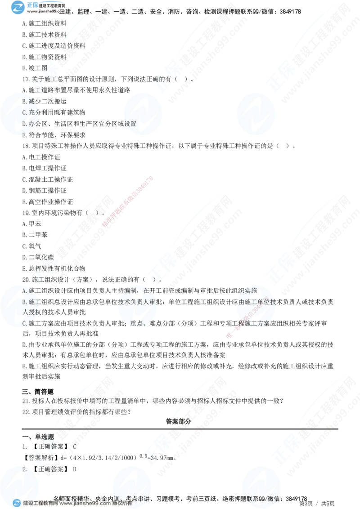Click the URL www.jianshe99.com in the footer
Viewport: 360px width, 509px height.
pyautogui.click(x=79, y=504)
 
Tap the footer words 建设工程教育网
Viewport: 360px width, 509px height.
pyautogui.click(x=40, y=504)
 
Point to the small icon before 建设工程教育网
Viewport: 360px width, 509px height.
pyautogui.click(x=17, y=503)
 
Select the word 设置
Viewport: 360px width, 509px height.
pyautogui.click(x=130, y=123)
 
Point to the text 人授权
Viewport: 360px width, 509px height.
pyautogui.click(x=29, y=312)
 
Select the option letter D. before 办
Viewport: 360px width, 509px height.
pyautogui.click(x=25, y=123)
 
